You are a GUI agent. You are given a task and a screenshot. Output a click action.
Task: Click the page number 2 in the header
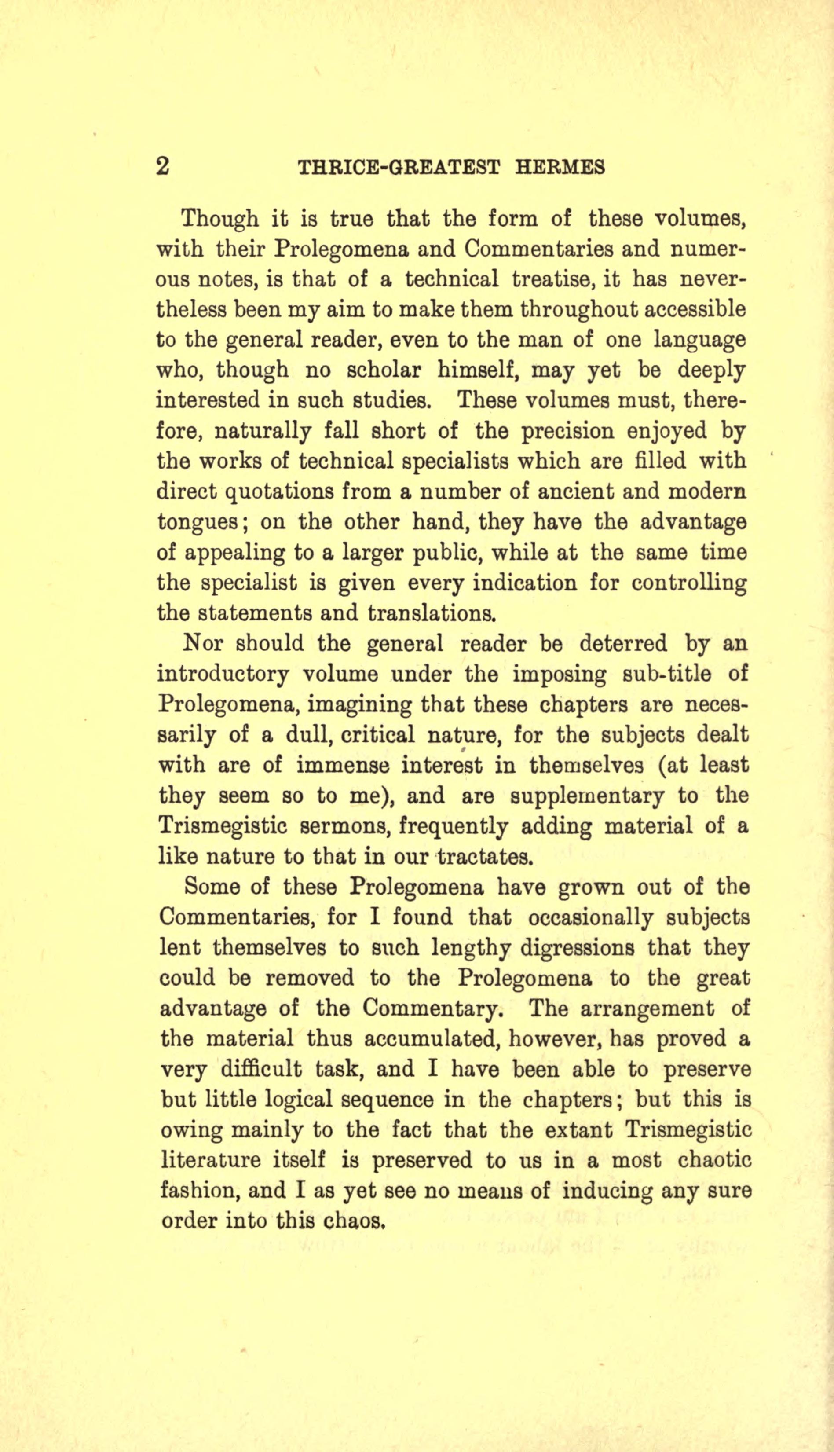(163, 166)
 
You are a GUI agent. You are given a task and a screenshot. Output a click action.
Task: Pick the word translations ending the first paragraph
(430, 613)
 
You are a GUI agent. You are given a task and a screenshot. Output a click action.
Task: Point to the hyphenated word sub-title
(667, 674)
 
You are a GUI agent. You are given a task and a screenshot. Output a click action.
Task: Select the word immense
(335, 765)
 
